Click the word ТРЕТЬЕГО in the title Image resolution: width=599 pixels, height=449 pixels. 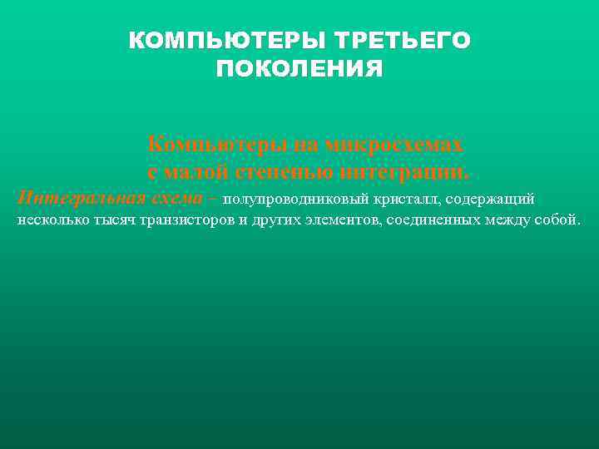pos(402,41)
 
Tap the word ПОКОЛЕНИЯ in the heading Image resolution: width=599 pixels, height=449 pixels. pos(299,68)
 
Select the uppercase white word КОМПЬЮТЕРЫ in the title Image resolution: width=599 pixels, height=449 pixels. pos(227,41)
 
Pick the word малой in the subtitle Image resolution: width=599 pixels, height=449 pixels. pos(196,172)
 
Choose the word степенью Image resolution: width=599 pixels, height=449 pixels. pos(285,172)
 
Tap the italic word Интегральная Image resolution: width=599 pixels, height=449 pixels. pos(81,198)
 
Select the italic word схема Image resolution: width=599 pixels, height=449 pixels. pos(176,198)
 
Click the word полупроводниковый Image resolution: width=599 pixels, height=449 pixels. pos(283,199)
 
